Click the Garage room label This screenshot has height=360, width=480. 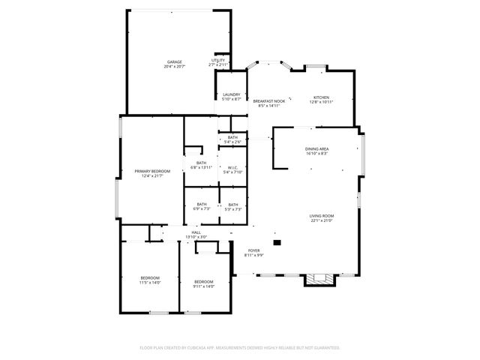tap(174, 64)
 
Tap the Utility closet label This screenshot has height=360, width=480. tap(218, 63)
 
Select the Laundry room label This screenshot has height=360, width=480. tap(231, 97)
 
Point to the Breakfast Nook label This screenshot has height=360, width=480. tap(268, 103)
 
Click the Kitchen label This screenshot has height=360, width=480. tap(321, 100)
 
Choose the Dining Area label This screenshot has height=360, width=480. tap(316, 151)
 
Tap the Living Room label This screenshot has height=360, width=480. tap(321, 218)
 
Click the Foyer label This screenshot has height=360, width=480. tap(254, 253)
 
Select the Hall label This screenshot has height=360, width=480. tap(196, 235)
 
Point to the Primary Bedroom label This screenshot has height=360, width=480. tap(152, 173)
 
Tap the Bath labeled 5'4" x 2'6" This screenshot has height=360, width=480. tap(232, 139)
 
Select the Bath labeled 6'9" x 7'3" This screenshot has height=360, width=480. tap(201, 207)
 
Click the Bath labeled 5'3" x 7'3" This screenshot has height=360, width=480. tap(232, 207)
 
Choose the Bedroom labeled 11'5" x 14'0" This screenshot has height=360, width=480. tap(150, 280)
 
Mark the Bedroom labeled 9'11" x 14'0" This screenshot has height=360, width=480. tap(203, 284)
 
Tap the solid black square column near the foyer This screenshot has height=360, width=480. tap(277, 242)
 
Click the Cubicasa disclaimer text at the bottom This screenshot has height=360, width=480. tap(240, 347)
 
